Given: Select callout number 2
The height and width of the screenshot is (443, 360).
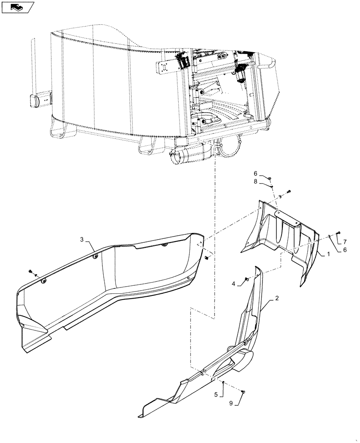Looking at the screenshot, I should point(277,299).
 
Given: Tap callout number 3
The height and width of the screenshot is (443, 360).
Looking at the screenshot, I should point(82,240).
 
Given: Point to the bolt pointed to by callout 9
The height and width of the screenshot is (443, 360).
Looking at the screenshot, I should point(243,391).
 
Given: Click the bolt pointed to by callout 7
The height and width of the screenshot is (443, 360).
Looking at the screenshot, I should point(339,233).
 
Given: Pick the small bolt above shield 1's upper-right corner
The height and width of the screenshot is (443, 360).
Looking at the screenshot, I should point(289,191).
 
